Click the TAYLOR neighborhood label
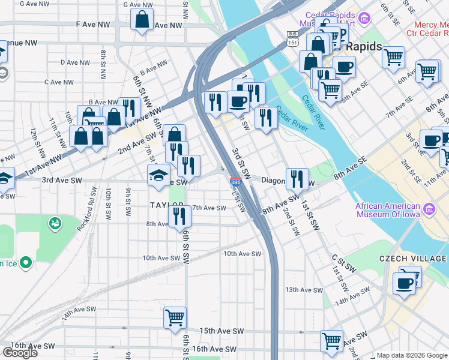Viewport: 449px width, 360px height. coord(166,205)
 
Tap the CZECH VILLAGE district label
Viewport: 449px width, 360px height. coord(412,259)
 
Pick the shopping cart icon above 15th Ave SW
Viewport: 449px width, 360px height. coord(175,317)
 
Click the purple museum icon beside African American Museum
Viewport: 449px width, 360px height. coord(429,209)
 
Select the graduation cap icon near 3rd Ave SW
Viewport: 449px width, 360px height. coord(158,175)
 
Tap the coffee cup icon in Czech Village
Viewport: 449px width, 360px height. coord(404,283)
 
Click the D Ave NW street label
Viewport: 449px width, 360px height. coord(75,62)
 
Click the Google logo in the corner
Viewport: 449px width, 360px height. coord(20,353)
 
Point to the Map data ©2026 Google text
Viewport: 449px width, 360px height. coord(412,355)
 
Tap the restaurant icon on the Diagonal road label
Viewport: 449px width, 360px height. coord(297,178)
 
